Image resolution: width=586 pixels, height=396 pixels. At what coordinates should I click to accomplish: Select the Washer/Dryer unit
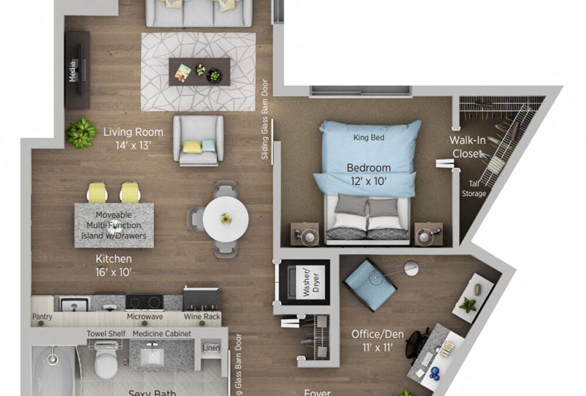tap(304, 282)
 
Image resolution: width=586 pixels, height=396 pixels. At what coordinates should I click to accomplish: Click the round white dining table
tap(226, 218)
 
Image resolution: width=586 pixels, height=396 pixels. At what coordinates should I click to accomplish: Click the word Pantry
tap(42, 317)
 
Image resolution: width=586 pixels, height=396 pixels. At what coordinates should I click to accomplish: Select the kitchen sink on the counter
tap(74, 304)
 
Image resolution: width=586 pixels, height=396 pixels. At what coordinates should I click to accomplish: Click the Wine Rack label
tap(202, 317)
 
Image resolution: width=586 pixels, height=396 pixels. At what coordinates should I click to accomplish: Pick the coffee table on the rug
tap(199, 72)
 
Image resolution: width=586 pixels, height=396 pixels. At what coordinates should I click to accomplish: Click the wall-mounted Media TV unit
tap(77, 70)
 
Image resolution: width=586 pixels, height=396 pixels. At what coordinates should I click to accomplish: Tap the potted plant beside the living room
tap(81, 133)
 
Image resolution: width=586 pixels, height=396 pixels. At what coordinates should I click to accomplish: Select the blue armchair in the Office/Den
tap(370, 285)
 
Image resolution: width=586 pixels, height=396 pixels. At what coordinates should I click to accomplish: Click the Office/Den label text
tap(377, 340)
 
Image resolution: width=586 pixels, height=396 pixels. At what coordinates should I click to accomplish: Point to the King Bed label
tap(369, 138)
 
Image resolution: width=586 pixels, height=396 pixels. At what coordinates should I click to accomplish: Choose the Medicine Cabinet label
tap(162, 334)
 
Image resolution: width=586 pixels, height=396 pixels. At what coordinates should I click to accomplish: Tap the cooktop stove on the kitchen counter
tap(144, 302)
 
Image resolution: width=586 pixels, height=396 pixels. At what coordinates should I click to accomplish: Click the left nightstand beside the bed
tap(305, 234)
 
